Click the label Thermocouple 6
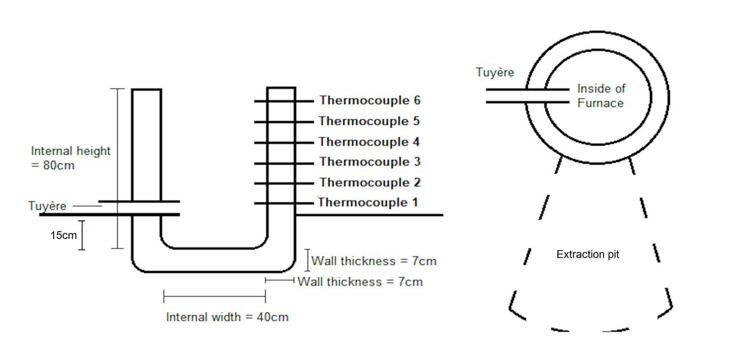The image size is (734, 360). (370, 101)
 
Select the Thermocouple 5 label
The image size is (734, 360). (370, 121)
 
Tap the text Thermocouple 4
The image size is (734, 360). (370, 142)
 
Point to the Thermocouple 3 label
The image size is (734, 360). (370, 163)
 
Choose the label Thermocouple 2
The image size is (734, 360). (370, 183)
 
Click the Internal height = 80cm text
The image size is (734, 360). (71, 159)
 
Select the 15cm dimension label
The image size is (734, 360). (63, 235)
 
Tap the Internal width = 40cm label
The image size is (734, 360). (227, 317)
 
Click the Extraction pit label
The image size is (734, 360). (588, 255)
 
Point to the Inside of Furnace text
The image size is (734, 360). (601, 96)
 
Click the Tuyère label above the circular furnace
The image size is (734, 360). (495, 73)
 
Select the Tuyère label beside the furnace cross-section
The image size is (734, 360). (47, 207)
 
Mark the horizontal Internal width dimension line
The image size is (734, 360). (215, 295)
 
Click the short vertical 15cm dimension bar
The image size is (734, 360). (82, 235)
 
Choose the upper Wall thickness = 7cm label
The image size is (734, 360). (374, 261)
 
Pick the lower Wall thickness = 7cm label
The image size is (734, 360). (360, 282)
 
